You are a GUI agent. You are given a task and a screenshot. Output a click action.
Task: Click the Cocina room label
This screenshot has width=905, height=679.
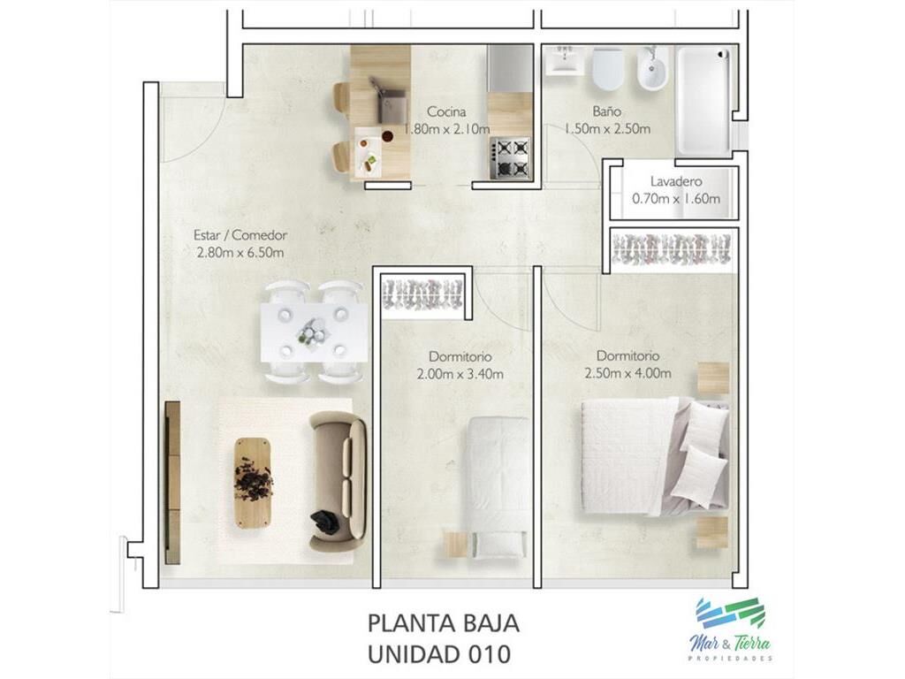pyautogui.click(x=446, y=111)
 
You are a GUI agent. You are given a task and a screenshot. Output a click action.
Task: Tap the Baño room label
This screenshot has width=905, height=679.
pyautogui.click(x=606, y=111)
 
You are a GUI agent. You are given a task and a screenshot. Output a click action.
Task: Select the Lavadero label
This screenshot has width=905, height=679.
pyautogui.click(x=676, y=181)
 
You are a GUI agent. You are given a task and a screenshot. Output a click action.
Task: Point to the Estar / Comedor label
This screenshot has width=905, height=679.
pyautogui.click(x=240, y=235)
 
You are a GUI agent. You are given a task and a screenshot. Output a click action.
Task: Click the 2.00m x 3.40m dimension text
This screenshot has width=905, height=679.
pyautogui.click(x=460, y=374)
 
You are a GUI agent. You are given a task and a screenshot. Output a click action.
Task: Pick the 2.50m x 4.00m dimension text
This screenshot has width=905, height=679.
pyautogui.click(x=628, y=373)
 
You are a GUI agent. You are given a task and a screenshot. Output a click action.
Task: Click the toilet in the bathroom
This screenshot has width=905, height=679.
pyautogui.click(x=608, y=69)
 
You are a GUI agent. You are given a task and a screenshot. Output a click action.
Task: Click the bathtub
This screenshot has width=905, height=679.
pyautogui.click(x=703, y=101)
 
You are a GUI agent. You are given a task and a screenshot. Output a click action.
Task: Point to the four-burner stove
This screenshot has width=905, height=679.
pyautogui.click(x=510, y=157)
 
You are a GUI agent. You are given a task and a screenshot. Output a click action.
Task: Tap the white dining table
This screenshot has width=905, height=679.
pyautogui.click(x=314, y=332)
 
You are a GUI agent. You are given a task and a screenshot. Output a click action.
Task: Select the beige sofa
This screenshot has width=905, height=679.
pyautogui.click(x=338, y=481)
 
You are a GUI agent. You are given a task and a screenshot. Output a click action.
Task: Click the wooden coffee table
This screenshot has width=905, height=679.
pyautogui.click(x=253, y=482)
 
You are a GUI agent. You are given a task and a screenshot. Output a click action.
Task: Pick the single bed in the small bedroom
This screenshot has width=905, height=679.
pyautogui.click(x=498, y=487)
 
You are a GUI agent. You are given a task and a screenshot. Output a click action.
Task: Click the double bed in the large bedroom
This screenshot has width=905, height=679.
pyautogui.click(x=655, y=455)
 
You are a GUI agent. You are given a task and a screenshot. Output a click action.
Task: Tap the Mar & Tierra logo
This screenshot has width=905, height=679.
pyautogui.click(x=731, y=629)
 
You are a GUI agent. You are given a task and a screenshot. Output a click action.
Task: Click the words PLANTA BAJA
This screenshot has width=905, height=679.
pyautogui.click(x=444, y=624)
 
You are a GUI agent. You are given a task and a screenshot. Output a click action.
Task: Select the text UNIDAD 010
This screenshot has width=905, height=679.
pyautogui.click(x=439, y=654)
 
